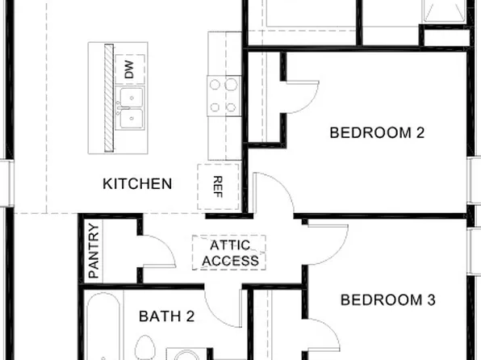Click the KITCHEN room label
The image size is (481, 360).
point(137,183)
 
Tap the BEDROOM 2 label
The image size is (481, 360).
point(377,133)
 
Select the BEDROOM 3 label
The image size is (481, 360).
point(388,300)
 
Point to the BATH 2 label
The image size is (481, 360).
point(166,316)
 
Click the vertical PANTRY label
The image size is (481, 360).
point(94,251)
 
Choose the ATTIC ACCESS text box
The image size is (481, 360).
point(229,253)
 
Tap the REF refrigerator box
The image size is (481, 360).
point(217,186)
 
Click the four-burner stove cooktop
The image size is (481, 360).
point(224,94)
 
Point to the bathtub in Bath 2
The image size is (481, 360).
point(102,331)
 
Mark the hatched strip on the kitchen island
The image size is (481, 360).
point(108,97)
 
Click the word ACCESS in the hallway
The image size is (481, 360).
point(232,261)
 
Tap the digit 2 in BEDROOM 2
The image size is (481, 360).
point(420,133)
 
